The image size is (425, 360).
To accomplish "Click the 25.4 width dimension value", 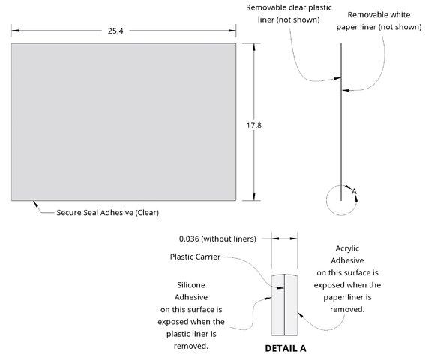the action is pos(115,31).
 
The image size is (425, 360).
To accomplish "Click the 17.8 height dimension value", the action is pos(253,125).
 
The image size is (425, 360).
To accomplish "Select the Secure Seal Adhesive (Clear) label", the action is pos(108,213).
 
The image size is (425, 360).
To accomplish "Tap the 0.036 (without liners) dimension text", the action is pos(217,238).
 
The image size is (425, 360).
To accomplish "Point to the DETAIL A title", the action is pos(286,348).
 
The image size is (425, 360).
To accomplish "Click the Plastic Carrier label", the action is pos(195,256).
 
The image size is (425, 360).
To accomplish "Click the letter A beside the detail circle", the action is pos(354,191).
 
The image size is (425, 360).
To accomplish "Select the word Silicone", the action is pos(191,285).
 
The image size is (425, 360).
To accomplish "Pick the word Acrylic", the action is pos(347,248).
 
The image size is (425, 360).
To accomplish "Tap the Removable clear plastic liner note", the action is pos(289,13).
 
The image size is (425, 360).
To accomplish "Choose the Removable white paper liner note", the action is pos(379,21).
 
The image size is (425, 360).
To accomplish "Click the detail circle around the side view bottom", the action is pos(326,200).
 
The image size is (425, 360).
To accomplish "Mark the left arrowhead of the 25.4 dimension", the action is pos(15,31).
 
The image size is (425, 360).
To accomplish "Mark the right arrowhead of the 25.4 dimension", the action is pos(232,31).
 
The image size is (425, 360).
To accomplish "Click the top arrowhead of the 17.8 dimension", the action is pos(253,47).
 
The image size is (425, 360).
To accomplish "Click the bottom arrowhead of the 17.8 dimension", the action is pos(253,197).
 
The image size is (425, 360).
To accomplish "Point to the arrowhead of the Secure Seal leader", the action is pos(35,204).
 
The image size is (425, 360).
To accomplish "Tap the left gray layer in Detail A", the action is pos(278,305).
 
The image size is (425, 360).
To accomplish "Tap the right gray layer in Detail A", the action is pos(291,305).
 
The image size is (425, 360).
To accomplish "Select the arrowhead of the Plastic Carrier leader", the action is pos(280,287).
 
